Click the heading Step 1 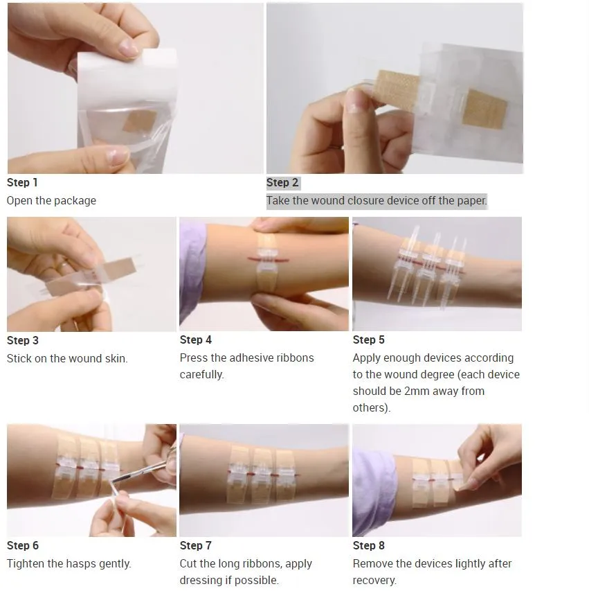click(22, 183)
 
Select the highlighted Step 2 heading click(282, 183)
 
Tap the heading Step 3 click(23, 340)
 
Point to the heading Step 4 click(196, 339)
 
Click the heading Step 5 click(369, 339)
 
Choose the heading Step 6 click(23, 545)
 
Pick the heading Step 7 click(196, 545)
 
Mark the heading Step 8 click(369, 545)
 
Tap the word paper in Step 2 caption click(472, 200)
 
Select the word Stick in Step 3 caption click(19, 358)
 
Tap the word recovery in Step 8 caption click(374, 581)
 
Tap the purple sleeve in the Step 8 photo click(374, 486)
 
